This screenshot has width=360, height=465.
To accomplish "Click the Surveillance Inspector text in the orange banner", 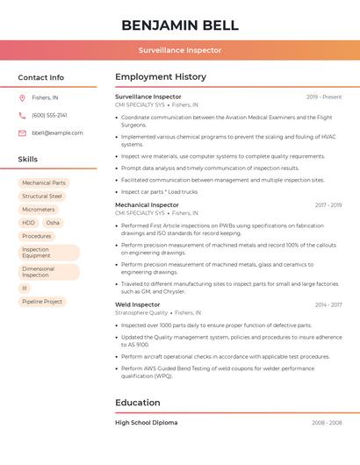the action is point(179,50).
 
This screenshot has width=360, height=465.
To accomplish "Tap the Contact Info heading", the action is point(40,77).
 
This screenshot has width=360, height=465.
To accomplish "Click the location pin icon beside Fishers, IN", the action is point(22,97).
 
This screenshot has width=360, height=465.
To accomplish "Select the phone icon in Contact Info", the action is point(22,115).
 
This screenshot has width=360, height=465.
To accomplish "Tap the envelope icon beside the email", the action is point(22,132).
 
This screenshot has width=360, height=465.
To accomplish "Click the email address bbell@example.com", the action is point(57,132).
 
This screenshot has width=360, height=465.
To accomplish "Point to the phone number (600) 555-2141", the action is point(49,115).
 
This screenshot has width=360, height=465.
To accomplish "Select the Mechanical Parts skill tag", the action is point(44,183).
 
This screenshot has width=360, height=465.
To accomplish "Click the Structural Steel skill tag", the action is point(42,197).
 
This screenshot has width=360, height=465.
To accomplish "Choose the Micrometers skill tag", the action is point(39,210).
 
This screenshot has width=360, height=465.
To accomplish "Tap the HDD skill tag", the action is point(29,223).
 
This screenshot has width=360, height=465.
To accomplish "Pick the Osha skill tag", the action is point(53,223).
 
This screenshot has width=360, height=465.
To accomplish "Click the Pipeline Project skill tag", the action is point(42,302).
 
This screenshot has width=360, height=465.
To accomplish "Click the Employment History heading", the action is point(161,77).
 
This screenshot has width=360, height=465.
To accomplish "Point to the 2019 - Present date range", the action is point(324,97).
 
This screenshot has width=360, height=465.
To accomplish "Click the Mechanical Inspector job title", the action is point(147,205).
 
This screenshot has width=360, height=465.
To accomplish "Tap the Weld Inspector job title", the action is point(138,304).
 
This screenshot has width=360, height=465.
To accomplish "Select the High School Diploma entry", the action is point(147,423).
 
